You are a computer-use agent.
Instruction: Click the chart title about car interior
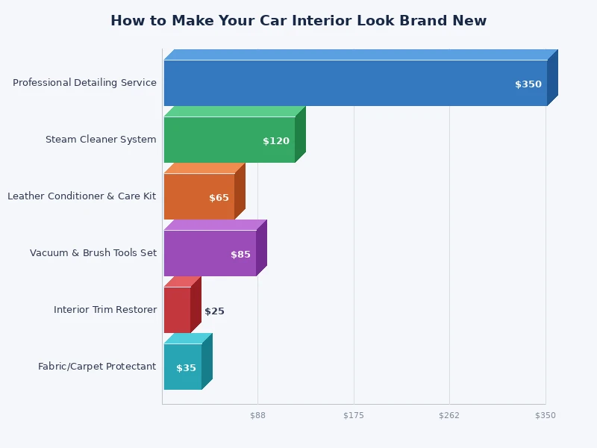click(298, 21)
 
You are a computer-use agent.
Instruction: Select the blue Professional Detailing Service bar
click(336, 83)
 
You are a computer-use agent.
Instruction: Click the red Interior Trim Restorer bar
click(177, 310)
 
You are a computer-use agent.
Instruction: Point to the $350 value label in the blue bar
click(528, 84)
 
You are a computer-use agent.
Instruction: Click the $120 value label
click(276, 141)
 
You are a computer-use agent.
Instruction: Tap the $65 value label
click(219, 198)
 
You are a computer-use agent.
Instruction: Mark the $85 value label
click(240, 255)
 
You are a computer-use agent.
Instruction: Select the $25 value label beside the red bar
click(214, 311)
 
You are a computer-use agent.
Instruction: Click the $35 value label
click(186, 368)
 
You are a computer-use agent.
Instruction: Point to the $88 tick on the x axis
click(257, 415)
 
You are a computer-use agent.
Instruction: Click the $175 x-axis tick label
click(354, 415)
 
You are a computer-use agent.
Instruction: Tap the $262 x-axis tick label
click(449, 415)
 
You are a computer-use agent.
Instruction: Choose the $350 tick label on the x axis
click(546, 415)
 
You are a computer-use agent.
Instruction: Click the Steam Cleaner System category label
click(101, 140)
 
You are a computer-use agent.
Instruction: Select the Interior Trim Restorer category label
click(105, 310)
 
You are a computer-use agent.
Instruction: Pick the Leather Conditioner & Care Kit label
click(82, 196)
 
